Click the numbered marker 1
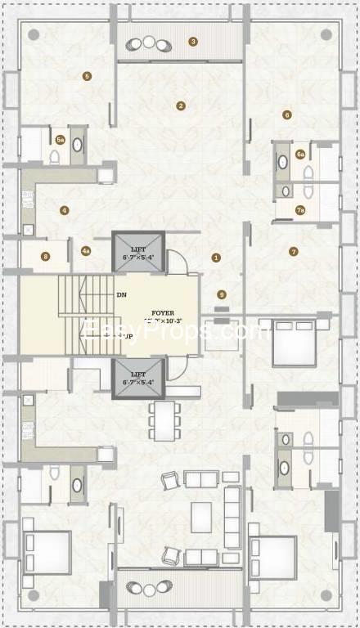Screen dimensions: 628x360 (x=216, y=258)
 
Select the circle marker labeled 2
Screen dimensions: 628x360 (x=181, y=105)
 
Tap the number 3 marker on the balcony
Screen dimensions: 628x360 (x=193, y=41)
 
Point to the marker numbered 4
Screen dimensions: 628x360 (x=64, y=210)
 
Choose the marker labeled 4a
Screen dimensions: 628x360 (x=86, y=251)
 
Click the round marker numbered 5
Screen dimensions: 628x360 (x=87, y=77)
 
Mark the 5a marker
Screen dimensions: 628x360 (x=61, y=140)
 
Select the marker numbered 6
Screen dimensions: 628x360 (x=286, y=114)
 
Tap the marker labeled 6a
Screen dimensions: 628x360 (x=300, y=154)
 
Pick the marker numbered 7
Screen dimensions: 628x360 (x=293, y=251)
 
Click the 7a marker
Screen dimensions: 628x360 (x=300, y=210)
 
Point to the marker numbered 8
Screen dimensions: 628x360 (x=46, y=257)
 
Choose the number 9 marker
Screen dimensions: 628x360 (x=221, y=294)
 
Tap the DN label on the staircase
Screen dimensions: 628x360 (x=121, y=294)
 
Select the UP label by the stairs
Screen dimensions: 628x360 (x=128, y=336)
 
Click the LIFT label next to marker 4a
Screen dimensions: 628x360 (x=137, y=248)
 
